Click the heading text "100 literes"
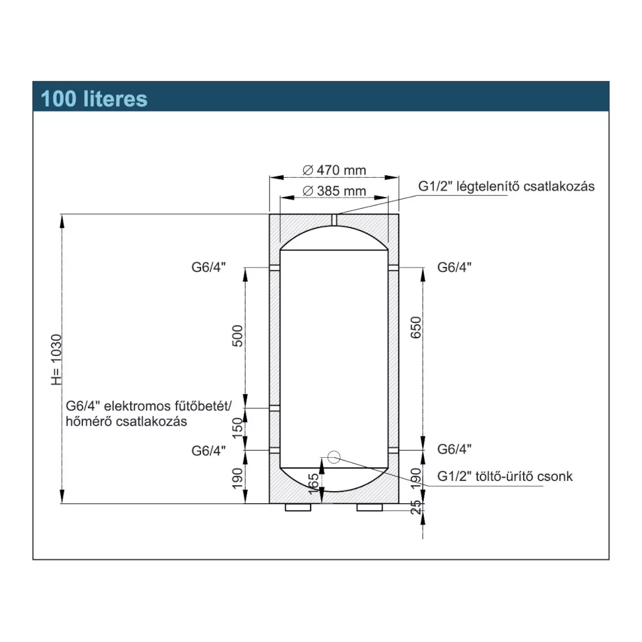[x=94, y=99]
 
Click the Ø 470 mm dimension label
[x=333, y=170]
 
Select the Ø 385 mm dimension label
[x=333, y=191]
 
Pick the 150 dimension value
[x=237, y=428]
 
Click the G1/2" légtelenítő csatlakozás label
[x=507, y=186]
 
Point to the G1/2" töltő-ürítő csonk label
[x=504, y=476]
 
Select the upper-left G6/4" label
[x=209, y=267]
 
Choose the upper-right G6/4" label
[x=454, y=267]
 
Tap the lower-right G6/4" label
[x=454, y=449]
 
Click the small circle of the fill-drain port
[x=333, y=457]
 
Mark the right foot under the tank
[x=370, y=508]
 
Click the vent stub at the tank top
[x=334, y=219]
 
